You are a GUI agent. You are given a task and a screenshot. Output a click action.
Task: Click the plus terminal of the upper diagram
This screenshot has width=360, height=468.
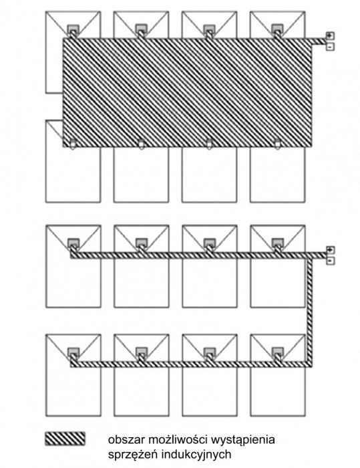pyautogui.click(x=329, y=35)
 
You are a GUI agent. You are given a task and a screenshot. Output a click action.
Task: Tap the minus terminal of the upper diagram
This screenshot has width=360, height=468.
pyautogui.click(x=330, y=47)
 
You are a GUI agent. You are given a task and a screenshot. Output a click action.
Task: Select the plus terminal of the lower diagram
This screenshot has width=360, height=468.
pyautogui.click(x=330, y=249)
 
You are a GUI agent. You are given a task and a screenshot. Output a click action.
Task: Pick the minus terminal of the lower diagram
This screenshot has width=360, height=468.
pyautogui.click(x=330, y=261)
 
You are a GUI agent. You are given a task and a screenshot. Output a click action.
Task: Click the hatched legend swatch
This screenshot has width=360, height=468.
pyautogui.click(x=65, y=439)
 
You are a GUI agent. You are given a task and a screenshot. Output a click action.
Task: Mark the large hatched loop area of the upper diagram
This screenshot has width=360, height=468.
pyautogui.click(x=187, y=92)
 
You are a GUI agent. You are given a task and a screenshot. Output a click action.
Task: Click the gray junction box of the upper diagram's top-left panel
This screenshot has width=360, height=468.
pyautogui.click(x=73, y=29)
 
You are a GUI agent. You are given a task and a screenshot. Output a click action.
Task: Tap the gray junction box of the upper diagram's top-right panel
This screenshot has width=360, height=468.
pyautogui.click(x=277, y=29)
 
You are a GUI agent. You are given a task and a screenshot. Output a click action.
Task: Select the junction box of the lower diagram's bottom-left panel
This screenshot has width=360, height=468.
pyautogui.click(x=73, y=352)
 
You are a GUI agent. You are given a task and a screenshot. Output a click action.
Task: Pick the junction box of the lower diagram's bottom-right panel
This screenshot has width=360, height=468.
pyautogui.click(x=277, y=352)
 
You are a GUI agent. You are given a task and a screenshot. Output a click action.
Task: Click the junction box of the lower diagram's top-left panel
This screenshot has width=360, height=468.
pyautogui.click(x=73, y=243)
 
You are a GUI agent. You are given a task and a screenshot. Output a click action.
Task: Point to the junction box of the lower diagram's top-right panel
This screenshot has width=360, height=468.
pyautogui.click(x=277, y=243)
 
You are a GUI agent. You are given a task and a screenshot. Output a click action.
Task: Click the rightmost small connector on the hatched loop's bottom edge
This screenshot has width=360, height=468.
pyautogui.click(x=277, y=144)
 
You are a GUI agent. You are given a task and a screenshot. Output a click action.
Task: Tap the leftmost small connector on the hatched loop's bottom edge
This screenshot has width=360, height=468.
pyautogui.click(x=73, y=144)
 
